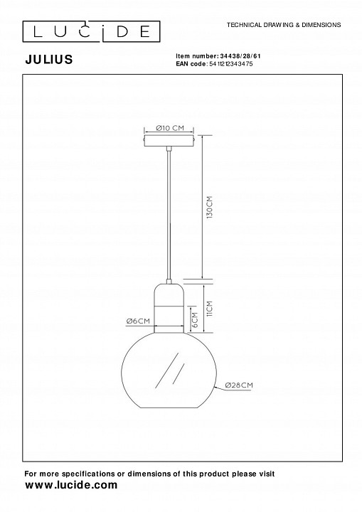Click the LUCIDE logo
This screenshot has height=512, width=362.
pos(91,32)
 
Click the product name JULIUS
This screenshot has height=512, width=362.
pos(49,60)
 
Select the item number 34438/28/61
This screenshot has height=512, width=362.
pos(240,56)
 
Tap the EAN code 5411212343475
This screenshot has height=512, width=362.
pos(230,64)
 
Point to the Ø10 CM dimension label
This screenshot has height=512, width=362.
pos(170,128)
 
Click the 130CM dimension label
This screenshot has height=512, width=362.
pos(209,207)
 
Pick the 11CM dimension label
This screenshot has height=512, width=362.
pos(209,309)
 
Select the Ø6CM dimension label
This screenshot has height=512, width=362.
pos(138,321)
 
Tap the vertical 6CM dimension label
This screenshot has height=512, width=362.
pos(195,320)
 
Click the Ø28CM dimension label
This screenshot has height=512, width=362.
pos(239,385)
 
